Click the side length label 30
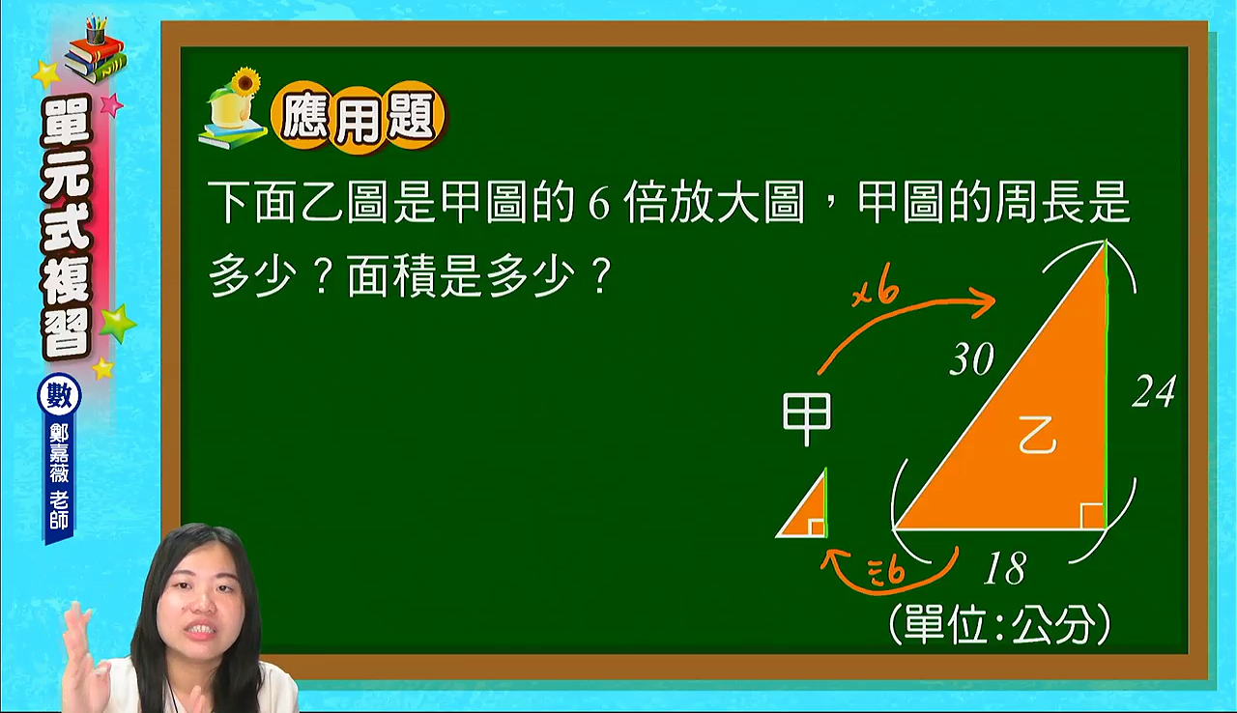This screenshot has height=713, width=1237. point(972,358)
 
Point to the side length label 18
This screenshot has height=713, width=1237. point(1006,568)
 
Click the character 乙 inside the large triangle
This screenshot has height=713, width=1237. point(1037,436)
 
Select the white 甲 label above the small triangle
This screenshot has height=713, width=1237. point(807,419)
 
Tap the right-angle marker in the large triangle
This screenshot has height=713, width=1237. point(1092,516)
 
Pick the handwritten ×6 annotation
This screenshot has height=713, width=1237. point(876,292)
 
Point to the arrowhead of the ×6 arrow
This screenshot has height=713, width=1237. point(986,301)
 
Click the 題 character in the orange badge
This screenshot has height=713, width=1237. point(412,117)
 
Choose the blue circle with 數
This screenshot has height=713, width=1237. point(59,395)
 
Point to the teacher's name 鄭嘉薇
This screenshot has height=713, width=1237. point(59,452)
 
